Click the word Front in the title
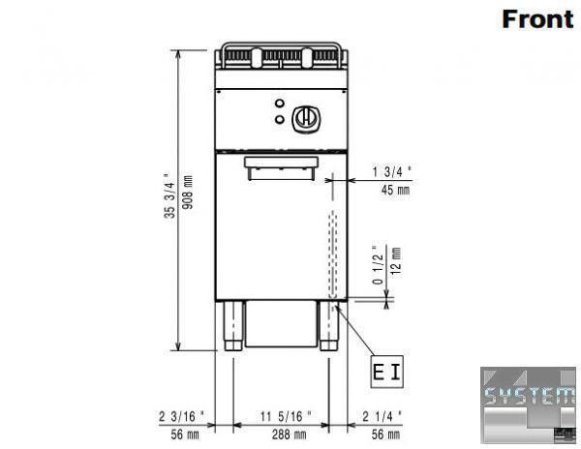click(537, 19)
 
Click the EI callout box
click(387, 372)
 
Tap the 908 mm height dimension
click(188, 193)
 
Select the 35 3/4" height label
click(168, 195)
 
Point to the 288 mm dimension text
click(289, 434)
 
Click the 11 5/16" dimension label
click(286, 416)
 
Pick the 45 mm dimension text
click(395, 190)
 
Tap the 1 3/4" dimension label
click(392, 171)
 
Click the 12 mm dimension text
click(396, 261)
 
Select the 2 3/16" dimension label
click(182, 416)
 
